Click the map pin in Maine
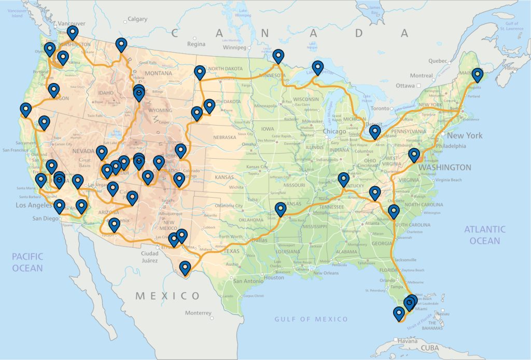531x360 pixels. (x=477, y=75)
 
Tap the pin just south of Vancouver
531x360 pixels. (x=73, y=33)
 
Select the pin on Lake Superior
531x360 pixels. (x=318, y=67)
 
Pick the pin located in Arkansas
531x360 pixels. (x=281, y=209)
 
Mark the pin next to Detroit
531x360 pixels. (x=374, y=132)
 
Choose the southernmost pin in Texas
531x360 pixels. (x=185, y=268)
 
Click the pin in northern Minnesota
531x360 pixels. (x=278, y=56)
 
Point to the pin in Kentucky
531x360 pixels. (x=343, y=179)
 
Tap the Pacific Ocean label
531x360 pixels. (x=28, y=262)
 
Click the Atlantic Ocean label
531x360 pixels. (x=485, y=234)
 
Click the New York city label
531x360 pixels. (x=465, y=135)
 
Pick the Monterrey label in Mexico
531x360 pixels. (x=198, y=313)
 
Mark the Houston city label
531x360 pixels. (x=274, y=277)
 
